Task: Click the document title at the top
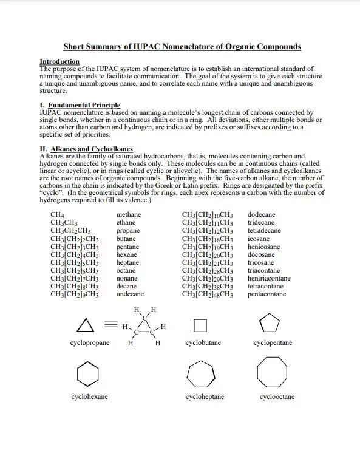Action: (x=182, y=47)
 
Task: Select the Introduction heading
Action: (x=59, y=61)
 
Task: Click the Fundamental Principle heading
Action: (x=80, y=106)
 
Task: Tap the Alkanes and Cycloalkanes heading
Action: (x=86, y=149)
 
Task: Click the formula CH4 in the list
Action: (x=58, y=215)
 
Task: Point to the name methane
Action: (x=128, y=215)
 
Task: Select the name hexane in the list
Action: (x=127, y=255)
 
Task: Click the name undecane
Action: (x=130, y=294)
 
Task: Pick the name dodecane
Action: (x=261, y=215)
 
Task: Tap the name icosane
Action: (x=259, y=239)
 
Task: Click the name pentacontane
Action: (x=267, y=294)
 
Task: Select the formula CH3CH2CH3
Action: (x=70, y=231)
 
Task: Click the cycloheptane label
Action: (x=205, y=397)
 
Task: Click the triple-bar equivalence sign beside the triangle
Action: (x=110, y=325)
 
